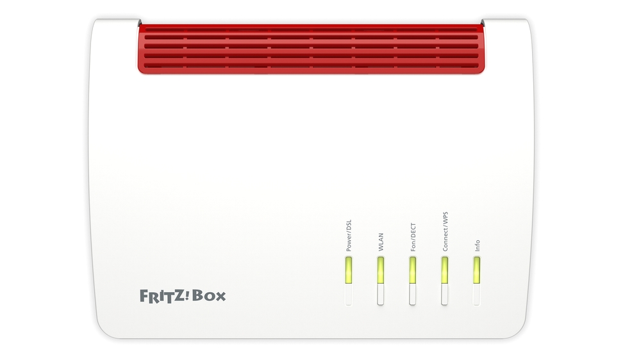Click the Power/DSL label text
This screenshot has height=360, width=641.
[x=349, y=235]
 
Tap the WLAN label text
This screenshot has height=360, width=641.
[x=381, y=242]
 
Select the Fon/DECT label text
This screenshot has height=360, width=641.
[x=413, y=237]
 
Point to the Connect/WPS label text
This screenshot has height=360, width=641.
[x=445, y=231]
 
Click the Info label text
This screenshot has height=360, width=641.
[x=477, y=245]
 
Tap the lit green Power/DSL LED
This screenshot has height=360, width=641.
[x=349, y=270]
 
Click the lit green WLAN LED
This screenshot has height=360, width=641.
[x=381, y=270]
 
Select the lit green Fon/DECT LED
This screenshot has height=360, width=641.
[x=412, y=270]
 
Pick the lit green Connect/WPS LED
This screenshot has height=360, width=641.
[x=444, y=270]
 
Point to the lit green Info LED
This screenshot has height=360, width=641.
[x=477, y=270]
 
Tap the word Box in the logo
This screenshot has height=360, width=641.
[x=209, y=295]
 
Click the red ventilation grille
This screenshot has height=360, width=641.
[x=311, y=49]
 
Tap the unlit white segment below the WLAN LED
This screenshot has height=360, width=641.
[x=381, y=294]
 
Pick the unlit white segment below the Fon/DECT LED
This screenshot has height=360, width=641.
[x=412, y=294]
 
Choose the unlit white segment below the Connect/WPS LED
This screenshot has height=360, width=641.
[x=444, y=294]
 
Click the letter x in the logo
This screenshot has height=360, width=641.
[x=221, y=297]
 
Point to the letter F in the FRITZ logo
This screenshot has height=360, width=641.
[x=144, y=296]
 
